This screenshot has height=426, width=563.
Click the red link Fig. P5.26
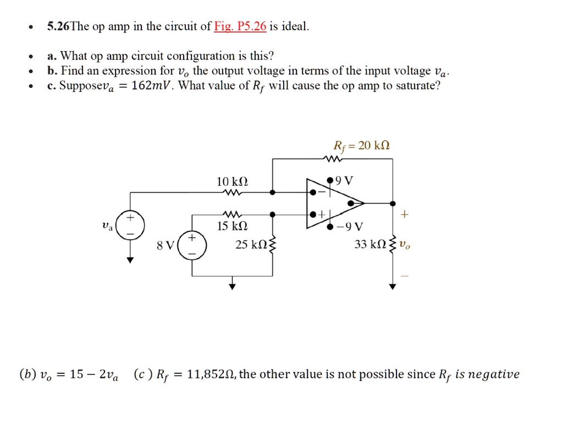(x=240, y=26)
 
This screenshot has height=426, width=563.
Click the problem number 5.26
(x=58, y=26)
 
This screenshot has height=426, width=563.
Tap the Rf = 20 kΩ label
(x=362, y=146)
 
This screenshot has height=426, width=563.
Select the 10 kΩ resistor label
(x=232, y=181)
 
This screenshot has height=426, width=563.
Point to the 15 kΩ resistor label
(x=232, y=226)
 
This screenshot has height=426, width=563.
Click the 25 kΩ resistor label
(x=251, y=245)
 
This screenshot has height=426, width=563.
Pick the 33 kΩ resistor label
(x=370, y=244)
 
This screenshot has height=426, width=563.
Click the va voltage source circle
(x=130, y=225)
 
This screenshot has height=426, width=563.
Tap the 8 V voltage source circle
(x=192, y=246)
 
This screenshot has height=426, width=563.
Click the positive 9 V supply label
(x=344, y=180)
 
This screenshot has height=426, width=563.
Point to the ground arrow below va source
(x=130, y=260)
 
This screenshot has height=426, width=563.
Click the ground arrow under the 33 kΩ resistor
(x=393, y=286)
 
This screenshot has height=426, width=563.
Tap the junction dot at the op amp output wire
(x=393, y=203)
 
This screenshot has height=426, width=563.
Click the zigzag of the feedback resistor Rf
(x=332, y=159)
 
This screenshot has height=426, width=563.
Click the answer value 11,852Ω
(x=211, y=374)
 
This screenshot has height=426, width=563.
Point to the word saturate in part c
(x=418, y=86)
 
